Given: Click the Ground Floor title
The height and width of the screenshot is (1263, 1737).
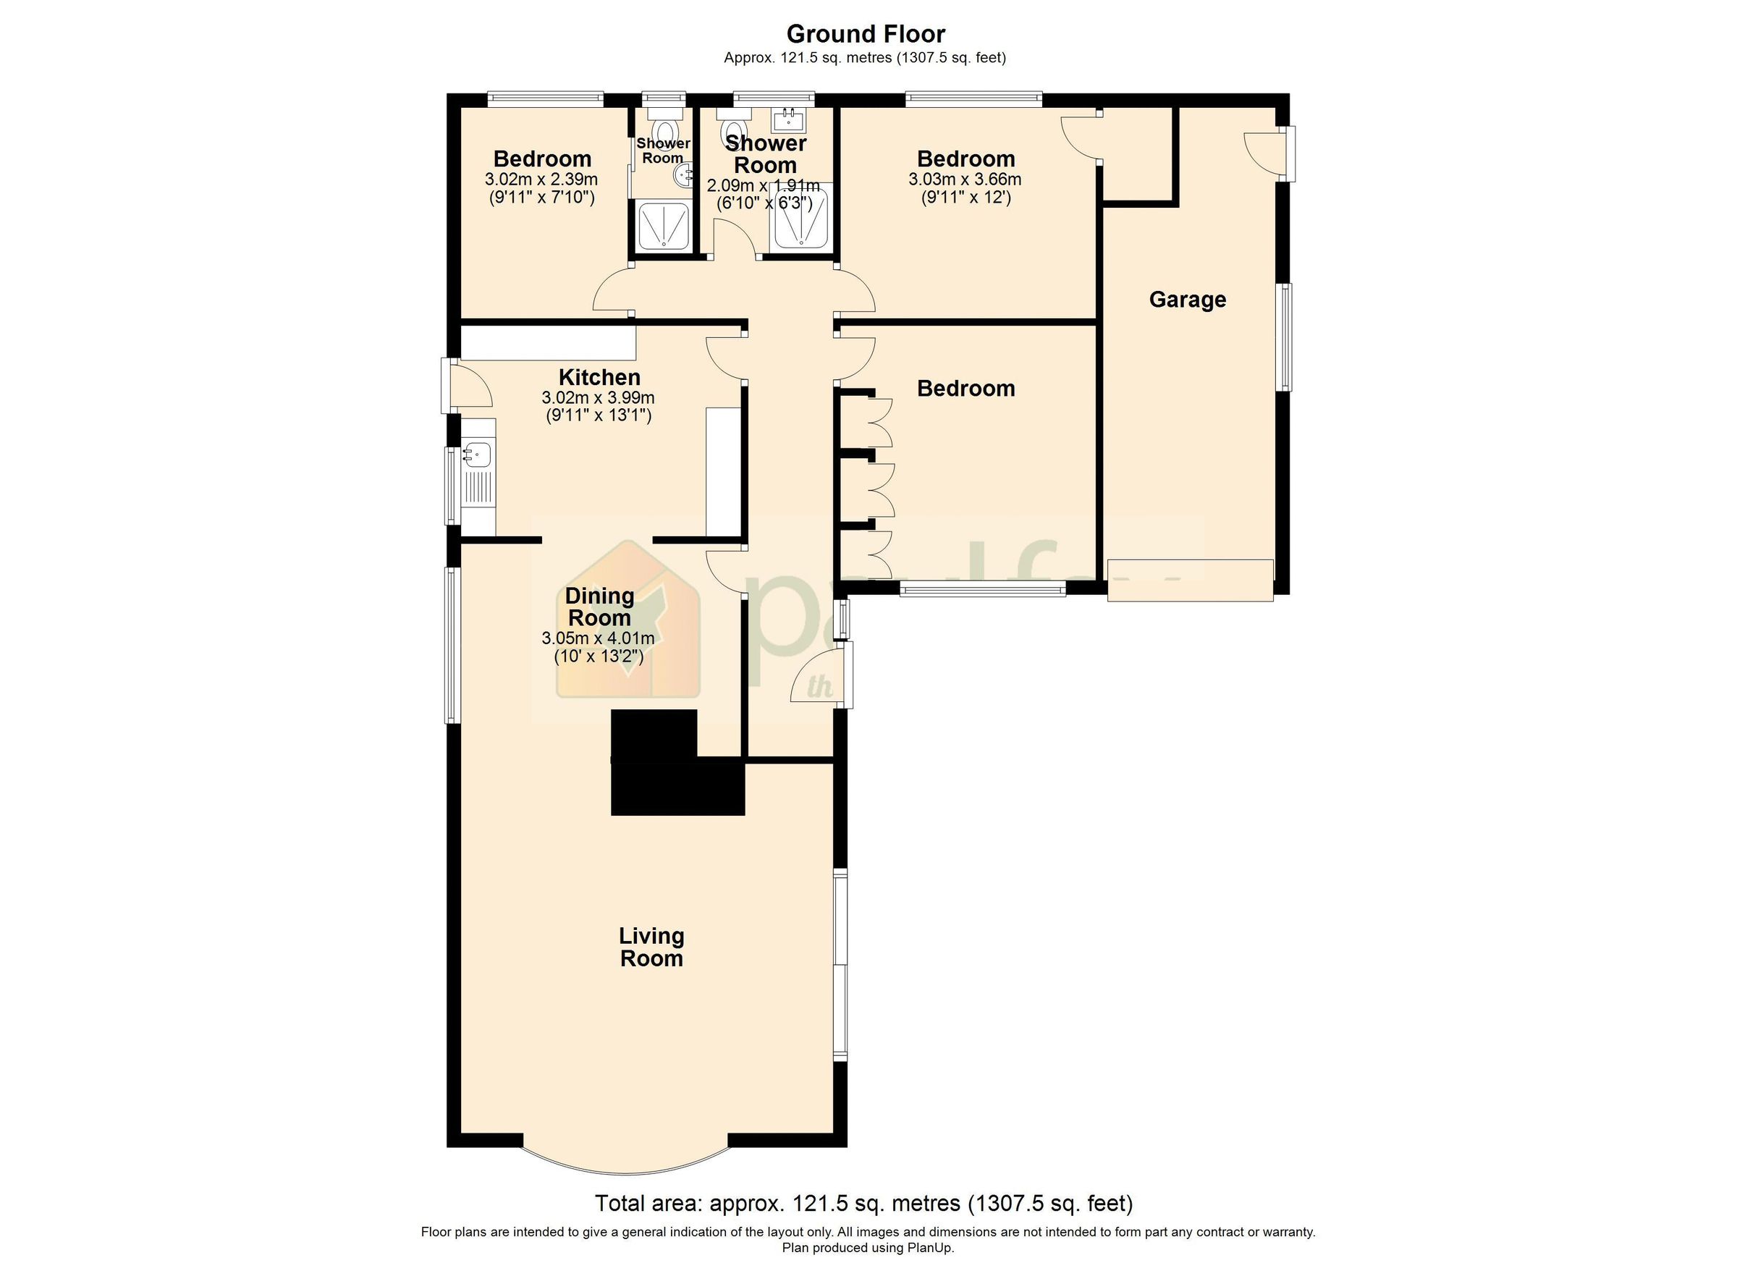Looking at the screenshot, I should (x=866, y=34).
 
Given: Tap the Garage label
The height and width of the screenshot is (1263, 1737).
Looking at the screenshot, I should (x=1186, y=300).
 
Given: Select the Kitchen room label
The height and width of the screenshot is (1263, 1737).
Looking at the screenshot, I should (x=599, y=377).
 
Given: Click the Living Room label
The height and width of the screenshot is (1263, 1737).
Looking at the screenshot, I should (x=651, y=947).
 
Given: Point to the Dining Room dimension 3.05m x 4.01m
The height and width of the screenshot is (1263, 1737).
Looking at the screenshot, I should (x=597, y=638).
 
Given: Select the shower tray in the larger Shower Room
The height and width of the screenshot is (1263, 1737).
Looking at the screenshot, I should (x=802, y=216).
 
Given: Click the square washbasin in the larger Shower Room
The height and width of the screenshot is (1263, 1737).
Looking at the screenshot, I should (x=788, y=120).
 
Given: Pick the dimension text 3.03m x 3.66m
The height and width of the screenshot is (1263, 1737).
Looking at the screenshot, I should (x=964, y=179).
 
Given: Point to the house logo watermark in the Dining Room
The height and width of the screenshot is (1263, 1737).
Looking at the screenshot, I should (x=628, y=620).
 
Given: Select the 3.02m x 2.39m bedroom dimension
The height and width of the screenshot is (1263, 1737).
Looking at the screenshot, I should (x=541, y=179).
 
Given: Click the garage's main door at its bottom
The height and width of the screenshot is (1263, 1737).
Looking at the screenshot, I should (x=1189, y=580).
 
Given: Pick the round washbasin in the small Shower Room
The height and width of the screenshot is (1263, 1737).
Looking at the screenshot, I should (x=682, y=176).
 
